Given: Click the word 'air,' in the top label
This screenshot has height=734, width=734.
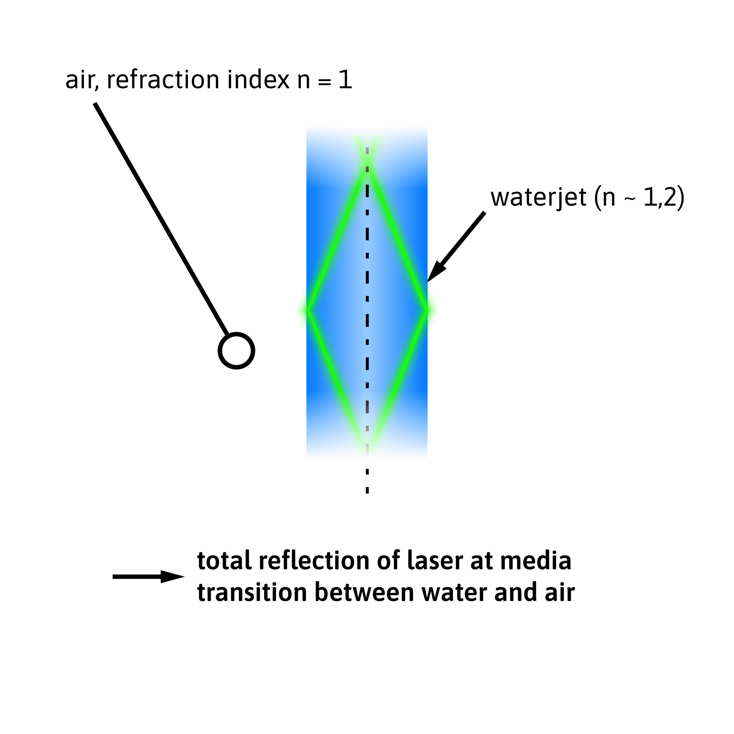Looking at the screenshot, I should [82, 80].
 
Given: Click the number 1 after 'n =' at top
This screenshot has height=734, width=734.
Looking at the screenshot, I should [345, 80].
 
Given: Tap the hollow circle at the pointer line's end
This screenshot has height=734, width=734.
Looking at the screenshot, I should [236, 351].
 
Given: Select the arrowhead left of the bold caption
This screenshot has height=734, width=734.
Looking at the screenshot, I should [172, 577].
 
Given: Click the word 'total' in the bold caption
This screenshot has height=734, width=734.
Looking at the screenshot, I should [225, 561].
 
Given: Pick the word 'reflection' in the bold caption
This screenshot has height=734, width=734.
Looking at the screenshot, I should [314, 561].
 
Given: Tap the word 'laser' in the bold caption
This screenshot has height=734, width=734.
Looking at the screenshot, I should [435, 561].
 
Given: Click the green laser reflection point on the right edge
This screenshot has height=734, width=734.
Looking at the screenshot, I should [427, 311].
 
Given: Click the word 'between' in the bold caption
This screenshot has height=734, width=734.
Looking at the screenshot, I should [364, 593].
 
